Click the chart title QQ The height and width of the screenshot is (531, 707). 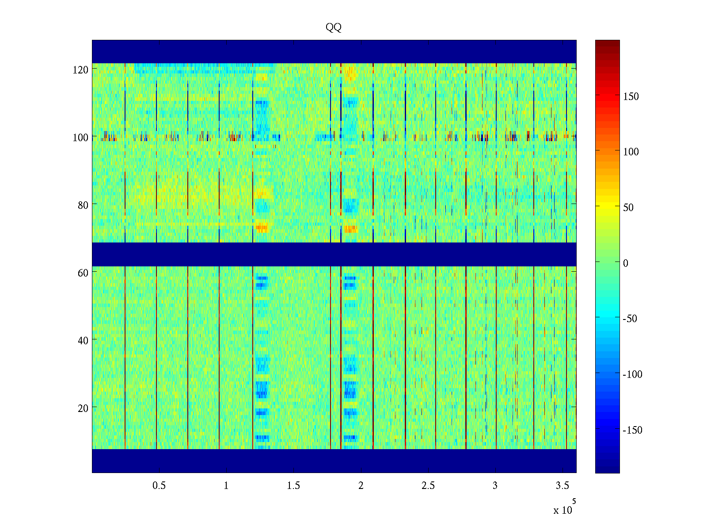click(334, 27)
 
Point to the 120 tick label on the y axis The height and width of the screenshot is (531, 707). click(80, 70)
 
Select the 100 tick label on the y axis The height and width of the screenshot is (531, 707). click(80, 138)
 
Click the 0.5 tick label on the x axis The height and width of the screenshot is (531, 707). click(159, 486)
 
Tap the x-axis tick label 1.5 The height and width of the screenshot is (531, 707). click(293, 486)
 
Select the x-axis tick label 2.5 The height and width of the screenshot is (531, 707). click(428, 486)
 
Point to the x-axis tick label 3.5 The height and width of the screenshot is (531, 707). click(563, 486)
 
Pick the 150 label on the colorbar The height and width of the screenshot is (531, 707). click(631, 97)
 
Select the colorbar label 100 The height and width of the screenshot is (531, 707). click(631, 152)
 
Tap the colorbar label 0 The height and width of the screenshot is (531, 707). click(626, 263)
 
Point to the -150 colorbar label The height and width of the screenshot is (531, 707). click(632, 430)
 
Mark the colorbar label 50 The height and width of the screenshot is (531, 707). click(628, 208)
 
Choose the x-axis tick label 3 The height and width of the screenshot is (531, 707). click(495, 486)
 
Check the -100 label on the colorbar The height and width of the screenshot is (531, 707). click(632, 375)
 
